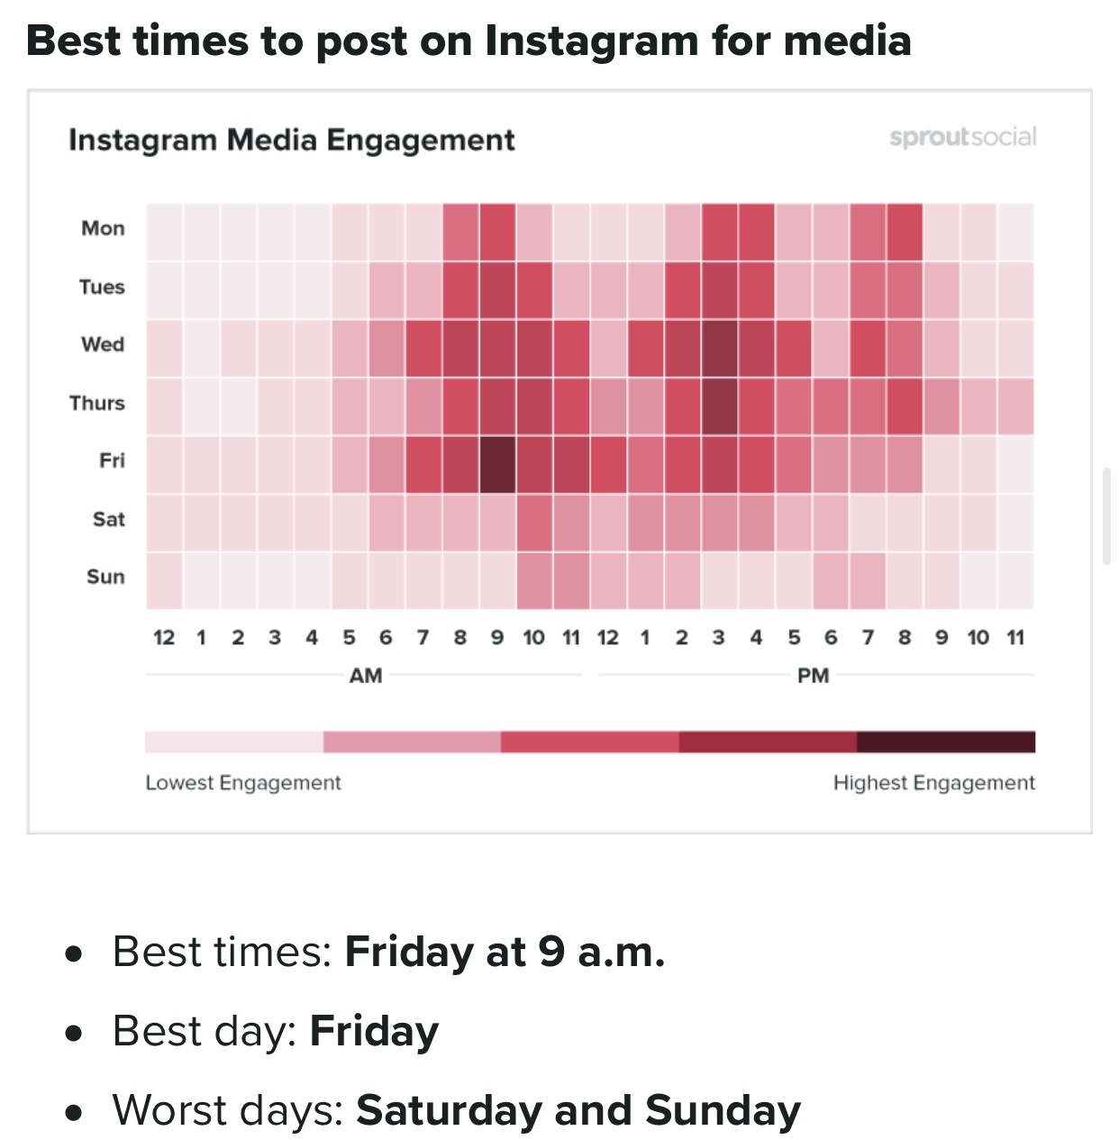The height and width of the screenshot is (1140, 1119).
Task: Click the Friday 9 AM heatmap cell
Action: pos(497,465)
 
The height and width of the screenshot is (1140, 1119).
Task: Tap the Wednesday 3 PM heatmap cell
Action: pos(719,349)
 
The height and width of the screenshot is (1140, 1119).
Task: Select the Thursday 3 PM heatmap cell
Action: pos(719,406)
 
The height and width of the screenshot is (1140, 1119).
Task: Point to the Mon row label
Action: pos(103,228)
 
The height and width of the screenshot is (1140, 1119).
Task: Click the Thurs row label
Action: pos(97,403)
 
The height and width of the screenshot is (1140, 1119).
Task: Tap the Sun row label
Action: pos(105,577)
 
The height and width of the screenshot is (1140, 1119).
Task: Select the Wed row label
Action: pos(103,344)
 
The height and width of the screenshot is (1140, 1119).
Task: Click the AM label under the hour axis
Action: pos(366,675)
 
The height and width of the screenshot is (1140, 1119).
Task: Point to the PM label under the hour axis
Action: pos(813,675)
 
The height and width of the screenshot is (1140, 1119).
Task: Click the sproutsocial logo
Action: pos(962,137)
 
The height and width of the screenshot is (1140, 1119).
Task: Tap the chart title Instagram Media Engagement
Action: pos(292,141)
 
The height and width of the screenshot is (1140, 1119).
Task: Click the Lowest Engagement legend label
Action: pos(243,782)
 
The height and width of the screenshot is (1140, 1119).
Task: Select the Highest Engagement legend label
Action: pos(933,782)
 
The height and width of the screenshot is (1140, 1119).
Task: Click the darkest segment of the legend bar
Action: pos(945,742)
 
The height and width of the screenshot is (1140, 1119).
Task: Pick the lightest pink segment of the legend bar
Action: pos(234,742)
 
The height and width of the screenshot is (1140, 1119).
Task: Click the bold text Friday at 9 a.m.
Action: pos(505,952)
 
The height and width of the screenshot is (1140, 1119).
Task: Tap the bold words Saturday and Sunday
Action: pos(578,1110)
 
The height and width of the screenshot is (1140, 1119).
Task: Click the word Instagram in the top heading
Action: pos(589,41)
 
